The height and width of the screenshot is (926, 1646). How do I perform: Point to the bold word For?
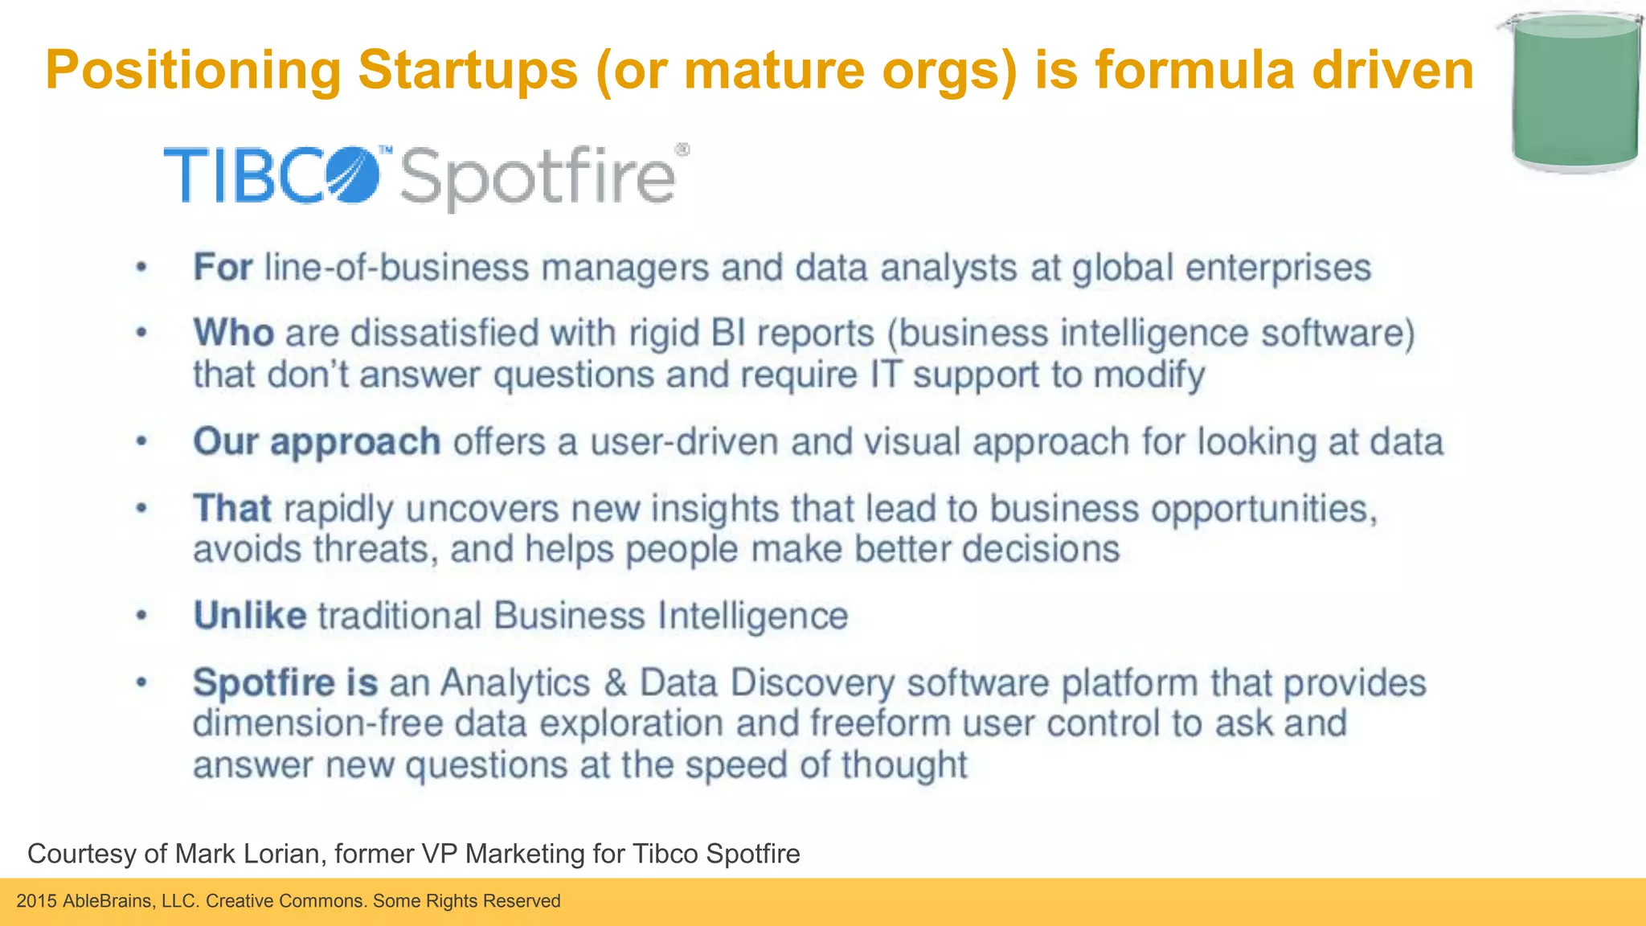point(223,267)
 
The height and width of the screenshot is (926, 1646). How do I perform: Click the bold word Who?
point(233,333)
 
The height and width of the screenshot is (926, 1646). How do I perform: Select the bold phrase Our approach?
point(316,442)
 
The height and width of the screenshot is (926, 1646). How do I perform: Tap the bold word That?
point(231,508)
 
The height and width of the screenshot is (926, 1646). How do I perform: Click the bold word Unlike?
point(249,616)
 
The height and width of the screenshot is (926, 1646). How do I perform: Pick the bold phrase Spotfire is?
point(285,682)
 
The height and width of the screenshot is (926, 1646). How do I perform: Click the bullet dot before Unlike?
point(141,616)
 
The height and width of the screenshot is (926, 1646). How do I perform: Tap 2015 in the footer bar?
point(36,901)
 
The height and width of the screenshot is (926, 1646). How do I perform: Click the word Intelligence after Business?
point(752,616)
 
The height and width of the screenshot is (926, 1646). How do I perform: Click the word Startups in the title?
point(468,71)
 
